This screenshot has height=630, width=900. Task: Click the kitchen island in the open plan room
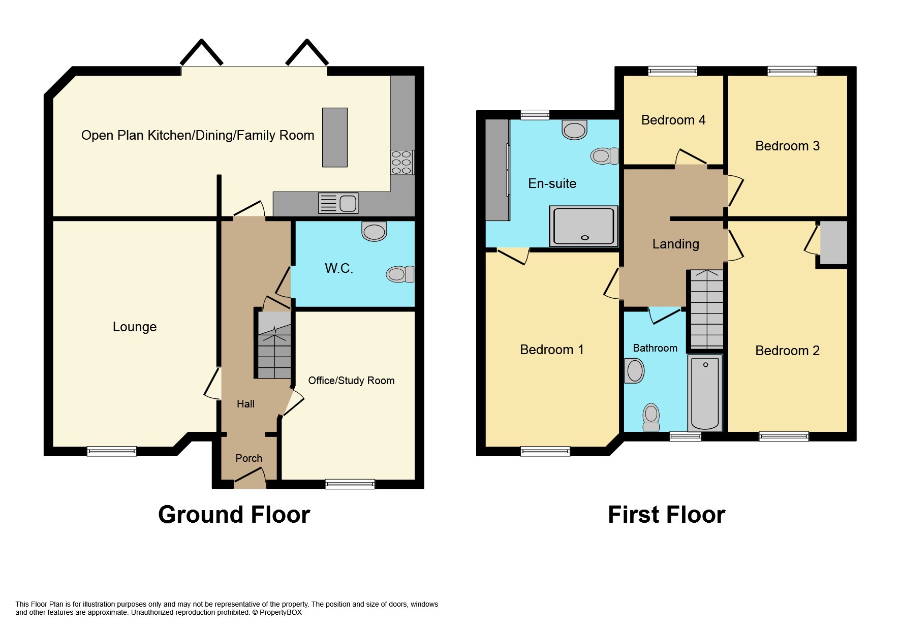[x=334, y=137]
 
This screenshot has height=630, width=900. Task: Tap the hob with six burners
[x=401, y=163]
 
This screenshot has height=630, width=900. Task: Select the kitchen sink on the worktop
[x=338, y=203]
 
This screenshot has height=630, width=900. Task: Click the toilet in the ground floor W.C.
[x=399, y=274]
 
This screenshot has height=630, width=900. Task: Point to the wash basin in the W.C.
[x=374, y=231]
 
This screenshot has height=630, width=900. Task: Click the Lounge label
[x=134, y=327]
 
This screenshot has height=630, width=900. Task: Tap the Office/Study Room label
[x=351, y=381]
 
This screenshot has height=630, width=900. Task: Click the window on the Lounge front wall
[x=111, y=451]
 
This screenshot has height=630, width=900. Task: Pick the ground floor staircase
[x=274, y=345]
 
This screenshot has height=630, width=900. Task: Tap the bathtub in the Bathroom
[x=705, y=393]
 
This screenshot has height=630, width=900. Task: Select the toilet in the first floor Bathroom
[x=651, y=417]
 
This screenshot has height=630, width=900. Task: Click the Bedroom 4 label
[x=673, y=120]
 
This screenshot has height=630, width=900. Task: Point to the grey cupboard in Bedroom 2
[x=833, y=242]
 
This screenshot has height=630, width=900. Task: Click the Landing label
[x=675, y=244]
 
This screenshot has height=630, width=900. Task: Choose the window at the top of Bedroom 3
[x=791, y=71]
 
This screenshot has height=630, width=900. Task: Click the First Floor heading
[x=666, y=515]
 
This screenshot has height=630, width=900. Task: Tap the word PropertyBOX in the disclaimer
[x=281, y=612]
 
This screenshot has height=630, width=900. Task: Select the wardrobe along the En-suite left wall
[x=497, y=170]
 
